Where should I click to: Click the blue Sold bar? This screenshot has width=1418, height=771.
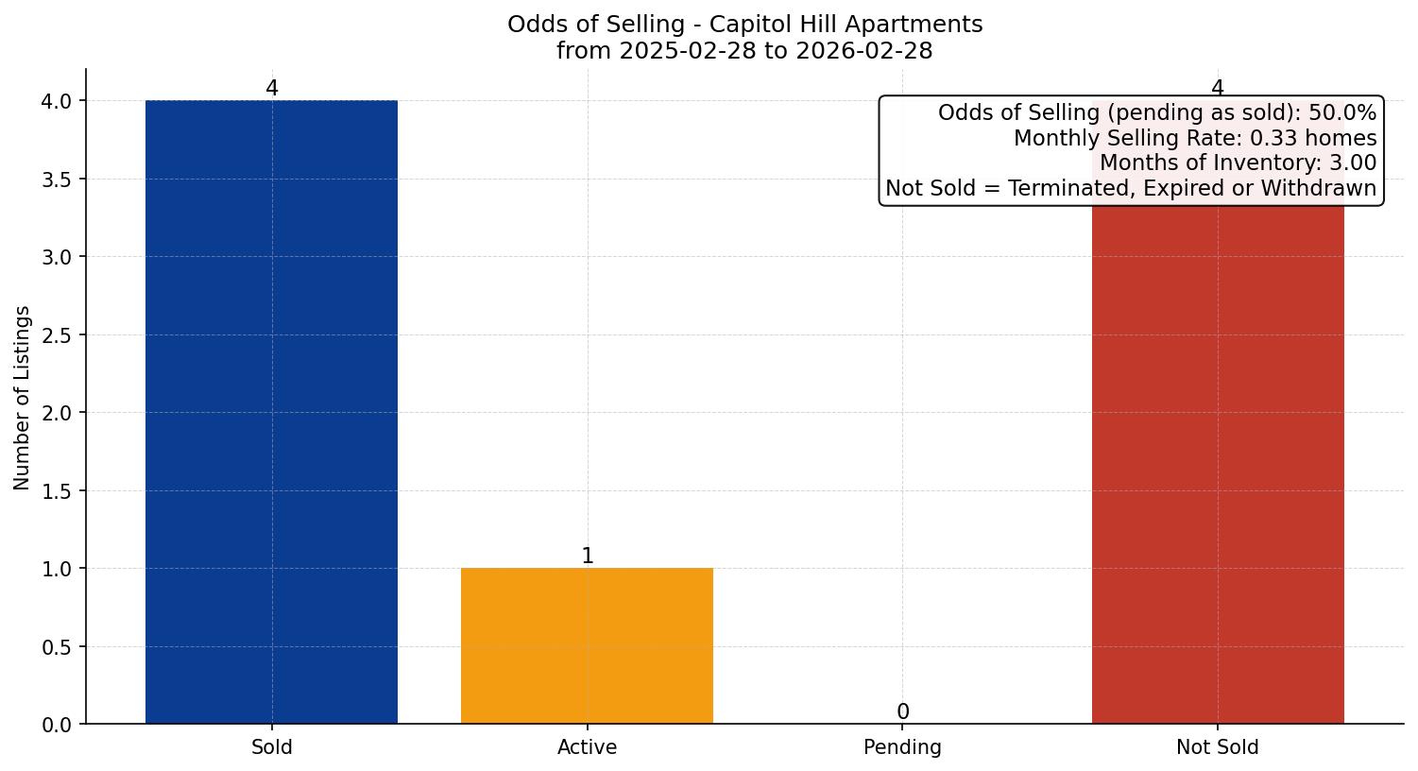[x=271, y=412]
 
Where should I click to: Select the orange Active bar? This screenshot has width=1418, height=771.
[x=587, y=646]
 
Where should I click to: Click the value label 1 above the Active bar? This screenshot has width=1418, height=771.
[x=588, y=557]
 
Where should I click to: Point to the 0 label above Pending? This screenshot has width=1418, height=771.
[x=903, y=712]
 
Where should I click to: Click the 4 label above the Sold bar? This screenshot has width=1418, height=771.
[x=272, y=89]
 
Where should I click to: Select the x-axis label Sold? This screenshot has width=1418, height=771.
[x=272, y=747]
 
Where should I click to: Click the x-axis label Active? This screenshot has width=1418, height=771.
[x=587, y=747]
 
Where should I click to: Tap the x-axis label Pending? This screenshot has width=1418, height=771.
[x=902, y=747]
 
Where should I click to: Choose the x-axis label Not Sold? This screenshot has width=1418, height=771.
[x=1217, y=747]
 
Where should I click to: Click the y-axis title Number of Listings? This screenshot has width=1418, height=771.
[x=23, y=397]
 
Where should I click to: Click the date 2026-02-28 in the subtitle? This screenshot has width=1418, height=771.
[x=864, y=51]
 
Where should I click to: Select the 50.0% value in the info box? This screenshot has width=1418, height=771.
[x=1342, y=113]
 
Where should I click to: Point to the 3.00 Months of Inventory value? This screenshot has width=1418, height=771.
[x=1353, y=163]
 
